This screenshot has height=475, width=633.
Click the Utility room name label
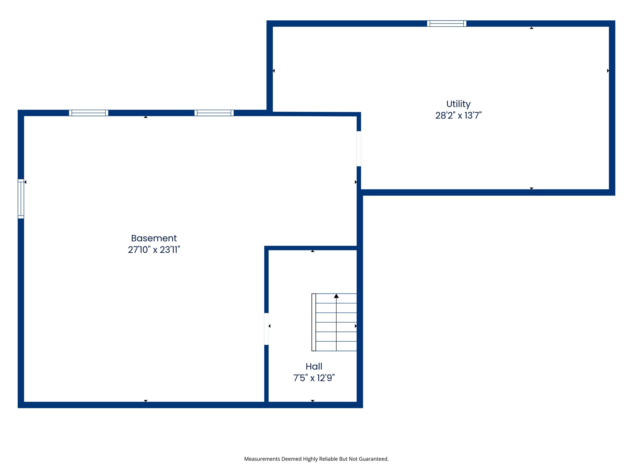[x=458, y=104]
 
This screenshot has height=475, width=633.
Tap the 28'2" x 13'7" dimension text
[x=458, y=116]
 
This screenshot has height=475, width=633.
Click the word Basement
[x=154, y=238]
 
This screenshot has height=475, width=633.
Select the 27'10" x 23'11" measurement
[x=154, y=250]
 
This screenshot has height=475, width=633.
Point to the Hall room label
[x=314, y=367]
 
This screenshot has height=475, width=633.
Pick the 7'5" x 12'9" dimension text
[x=314, y=378]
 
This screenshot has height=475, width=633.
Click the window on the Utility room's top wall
[x=447, y=24]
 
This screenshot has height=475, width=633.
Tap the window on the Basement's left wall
[x=21, y=199]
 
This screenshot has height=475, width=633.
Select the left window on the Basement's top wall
[x=88, y=113]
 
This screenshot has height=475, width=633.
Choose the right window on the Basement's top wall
[x=214, y=113]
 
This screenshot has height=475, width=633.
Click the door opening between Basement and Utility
[x=359, y=149]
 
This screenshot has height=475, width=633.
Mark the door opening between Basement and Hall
[x=266, y=329]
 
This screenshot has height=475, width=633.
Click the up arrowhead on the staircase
[x=336, y=296]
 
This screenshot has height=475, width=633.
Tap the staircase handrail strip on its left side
[x=314, y=322]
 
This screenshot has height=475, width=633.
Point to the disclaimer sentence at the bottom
[x=316, y=459]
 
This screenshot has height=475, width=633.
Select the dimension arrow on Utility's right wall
[x=608, y=71]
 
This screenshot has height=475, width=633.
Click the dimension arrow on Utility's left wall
[x=274, y=71]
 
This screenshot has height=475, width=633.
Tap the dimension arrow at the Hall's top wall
[x=312, y=251]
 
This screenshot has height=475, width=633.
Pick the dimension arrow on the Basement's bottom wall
[x=146, y=401]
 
